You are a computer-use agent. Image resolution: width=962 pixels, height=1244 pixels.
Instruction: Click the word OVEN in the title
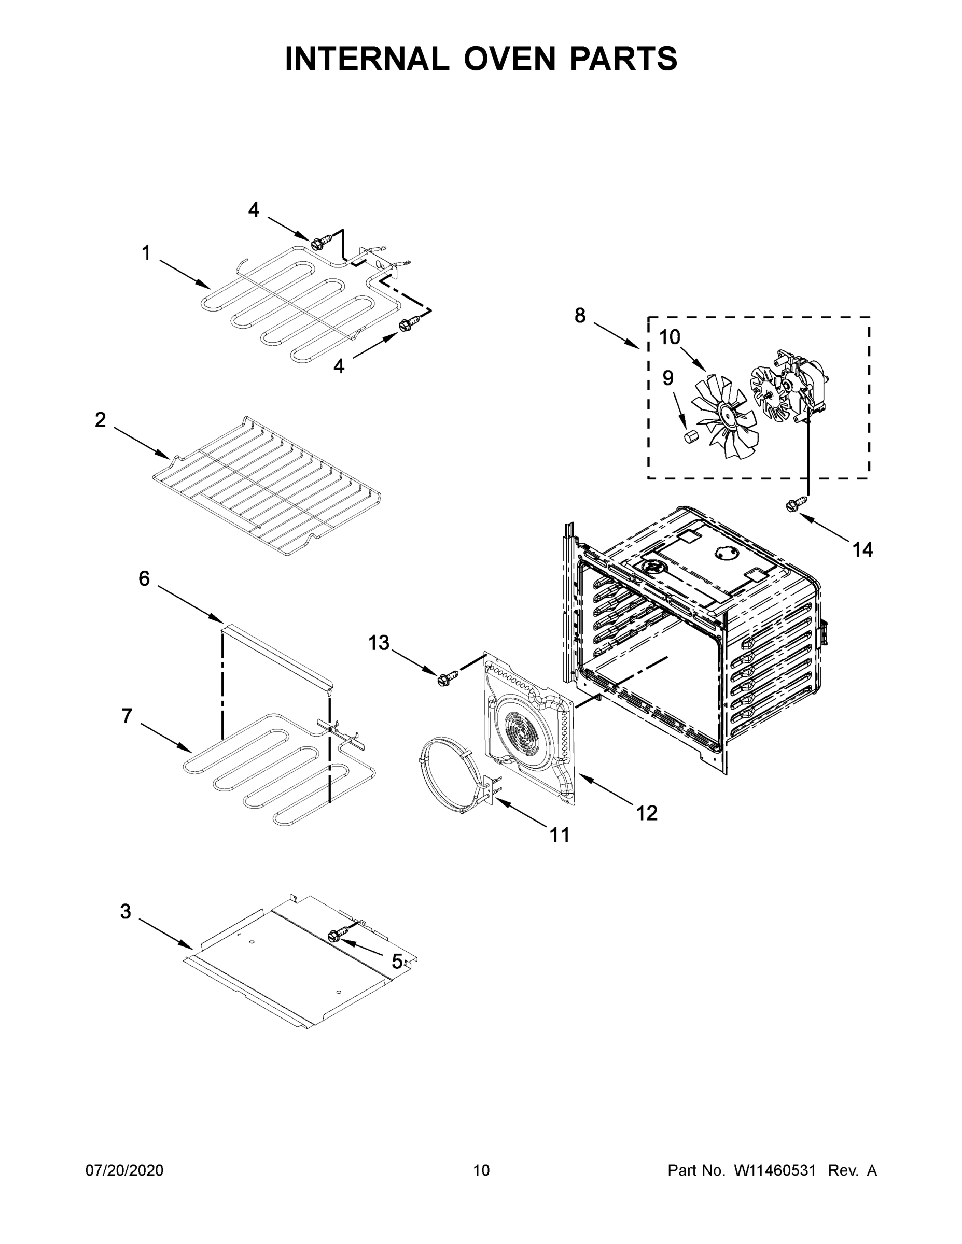(509, 59)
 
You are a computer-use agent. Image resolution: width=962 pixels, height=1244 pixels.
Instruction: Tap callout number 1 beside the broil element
(146, 252)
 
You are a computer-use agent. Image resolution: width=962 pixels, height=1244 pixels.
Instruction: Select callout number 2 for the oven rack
(100, 420)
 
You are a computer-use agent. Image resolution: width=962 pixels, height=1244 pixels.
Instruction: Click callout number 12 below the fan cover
(647, 813)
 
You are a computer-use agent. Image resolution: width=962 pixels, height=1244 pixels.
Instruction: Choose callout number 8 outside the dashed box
(580, 315)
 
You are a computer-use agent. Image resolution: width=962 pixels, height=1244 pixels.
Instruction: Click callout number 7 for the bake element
(127, 716)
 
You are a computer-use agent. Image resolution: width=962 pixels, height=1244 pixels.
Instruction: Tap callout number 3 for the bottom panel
(126, 911)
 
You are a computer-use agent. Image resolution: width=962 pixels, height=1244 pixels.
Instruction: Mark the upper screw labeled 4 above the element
(317, 244)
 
